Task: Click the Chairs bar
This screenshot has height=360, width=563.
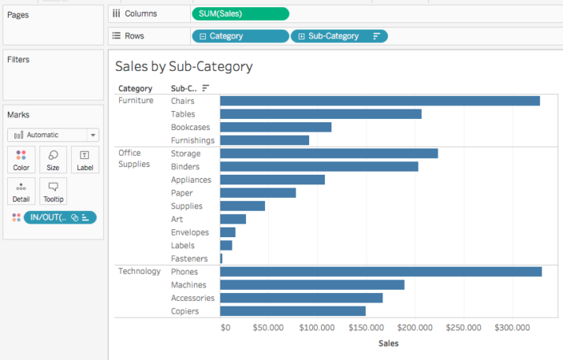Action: pos(379,101)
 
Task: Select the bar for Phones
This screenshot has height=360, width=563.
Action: pos(380,271)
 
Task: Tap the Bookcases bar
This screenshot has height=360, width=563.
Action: pos(276,127)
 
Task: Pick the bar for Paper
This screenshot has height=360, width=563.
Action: pos(258,192)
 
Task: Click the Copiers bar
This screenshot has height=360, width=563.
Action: pos(292,311)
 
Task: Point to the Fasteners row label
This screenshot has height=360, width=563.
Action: pos(189,259)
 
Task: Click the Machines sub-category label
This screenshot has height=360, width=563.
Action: pos(188,285)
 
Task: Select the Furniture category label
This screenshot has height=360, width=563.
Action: pos(136,101)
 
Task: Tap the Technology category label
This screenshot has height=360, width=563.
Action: pos(140,271)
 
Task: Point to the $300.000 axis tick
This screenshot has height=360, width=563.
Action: pos(511,327)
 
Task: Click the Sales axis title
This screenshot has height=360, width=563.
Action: pos(388,343)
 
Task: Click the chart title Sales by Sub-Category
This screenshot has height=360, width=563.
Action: pos(184,66)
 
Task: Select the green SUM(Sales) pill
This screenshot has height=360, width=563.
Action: pos(240,14)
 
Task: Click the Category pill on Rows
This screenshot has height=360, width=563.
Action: pos(240,36)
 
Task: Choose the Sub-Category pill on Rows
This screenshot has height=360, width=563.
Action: pos(339,36)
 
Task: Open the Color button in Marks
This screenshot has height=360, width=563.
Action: pos(21,160)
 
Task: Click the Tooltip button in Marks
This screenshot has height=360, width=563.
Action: pos(53,192)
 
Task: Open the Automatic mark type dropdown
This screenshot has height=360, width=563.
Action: pos(54,135)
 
